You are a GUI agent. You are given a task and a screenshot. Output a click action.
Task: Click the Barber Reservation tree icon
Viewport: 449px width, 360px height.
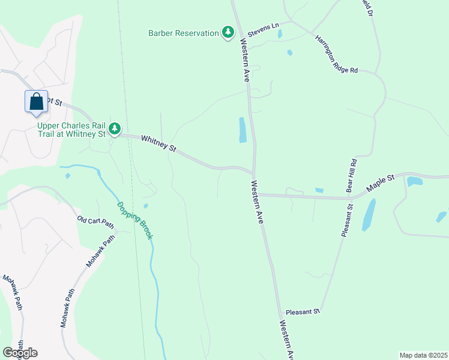pyautogui.click(x=228, y=32)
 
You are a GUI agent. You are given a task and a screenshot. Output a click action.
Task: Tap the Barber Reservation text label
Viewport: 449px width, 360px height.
pyautogui.click(x=184, y=33)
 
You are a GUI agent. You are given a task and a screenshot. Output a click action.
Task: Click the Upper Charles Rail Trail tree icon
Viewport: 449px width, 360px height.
pyautogui.click(x=115, y=128)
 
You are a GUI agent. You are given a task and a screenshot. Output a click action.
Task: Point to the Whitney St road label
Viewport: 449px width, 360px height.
pyautogui.click(x=158, y=143)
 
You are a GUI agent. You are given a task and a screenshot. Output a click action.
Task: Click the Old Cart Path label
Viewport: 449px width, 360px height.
pyautogui.click(x=95, y=222)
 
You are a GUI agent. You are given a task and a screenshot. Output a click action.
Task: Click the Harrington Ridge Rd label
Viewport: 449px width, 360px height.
pyautogui.click(x=337, y=53)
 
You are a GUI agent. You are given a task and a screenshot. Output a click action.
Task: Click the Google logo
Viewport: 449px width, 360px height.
pyautogui.click(x=20, y=353)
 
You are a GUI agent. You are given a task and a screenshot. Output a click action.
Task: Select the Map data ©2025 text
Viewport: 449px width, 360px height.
pyautogui.click(x=423, y=355)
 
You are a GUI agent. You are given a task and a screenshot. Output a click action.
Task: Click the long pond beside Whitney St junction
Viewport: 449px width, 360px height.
pyautogui.click(x=243, y=130)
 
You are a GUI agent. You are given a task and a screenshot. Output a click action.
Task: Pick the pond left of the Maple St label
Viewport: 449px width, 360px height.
pyautogui.click(x=319, y=190)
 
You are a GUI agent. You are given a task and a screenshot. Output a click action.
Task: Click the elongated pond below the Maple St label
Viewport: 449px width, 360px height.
pyautogui.click(x=369, y=215)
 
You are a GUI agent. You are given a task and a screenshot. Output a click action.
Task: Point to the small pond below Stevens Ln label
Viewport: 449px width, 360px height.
pyautogui.click(x=280, y=35)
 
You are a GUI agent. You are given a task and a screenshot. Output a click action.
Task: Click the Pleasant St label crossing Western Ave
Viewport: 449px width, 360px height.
pyautogui.click(x=303, y=312)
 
